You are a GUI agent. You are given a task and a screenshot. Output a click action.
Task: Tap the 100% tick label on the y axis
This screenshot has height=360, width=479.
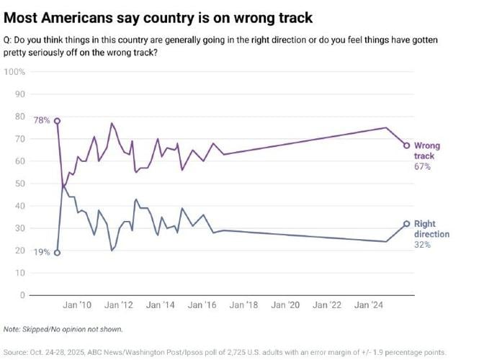(x=15, y=72)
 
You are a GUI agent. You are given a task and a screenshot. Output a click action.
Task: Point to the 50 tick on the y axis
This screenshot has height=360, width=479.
(x=20, y=184)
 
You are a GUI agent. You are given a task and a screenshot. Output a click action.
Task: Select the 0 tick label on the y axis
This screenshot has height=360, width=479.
(x=22, y=295)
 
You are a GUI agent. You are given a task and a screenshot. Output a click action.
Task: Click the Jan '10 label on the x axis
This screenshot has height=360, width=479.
(x=77, y=305)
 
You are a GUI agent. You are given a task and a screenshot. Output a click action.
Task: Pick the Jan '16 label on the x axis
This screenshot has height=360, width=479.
(x=202, y=305)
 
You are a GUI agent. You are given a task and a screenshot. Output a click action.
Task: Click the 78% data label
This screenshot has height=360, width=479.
(x=42, y=121)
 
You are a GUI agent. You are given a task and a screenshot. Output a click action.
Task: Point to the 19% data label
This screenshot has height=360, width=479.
(x=42, y=253)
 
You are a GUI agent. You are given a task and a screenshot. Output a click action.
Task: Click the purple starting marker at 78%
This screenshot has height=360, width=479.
(x=57, y=121)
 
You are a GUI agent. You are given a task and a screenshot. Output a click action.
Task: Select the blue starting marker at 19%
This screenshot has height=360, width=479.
(x=57, y=253)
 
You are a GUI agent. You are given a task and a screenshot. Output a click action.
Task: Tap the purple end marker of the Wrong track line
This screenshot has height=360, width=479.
(x=407, y=145)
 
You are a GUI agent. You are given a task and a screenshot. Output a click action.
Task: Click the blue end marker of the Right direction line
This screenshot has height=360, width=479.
(x=407, y=224)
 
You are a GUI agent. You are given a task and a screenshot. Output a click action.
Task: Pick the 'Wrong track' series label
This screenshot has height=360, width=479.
(x=426, y=150)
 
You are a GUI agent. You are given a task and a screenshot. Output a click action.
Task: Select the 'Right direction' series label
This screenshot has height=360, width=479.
(x=431, y=229)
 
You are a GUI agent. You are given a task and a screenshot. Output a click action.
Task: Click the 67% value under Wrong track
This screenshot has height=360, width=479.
(x=422, y=166)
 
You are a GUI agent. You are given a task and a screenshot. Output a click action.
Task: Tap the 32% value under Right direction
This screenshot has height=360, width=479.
(x=422, y=245)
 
